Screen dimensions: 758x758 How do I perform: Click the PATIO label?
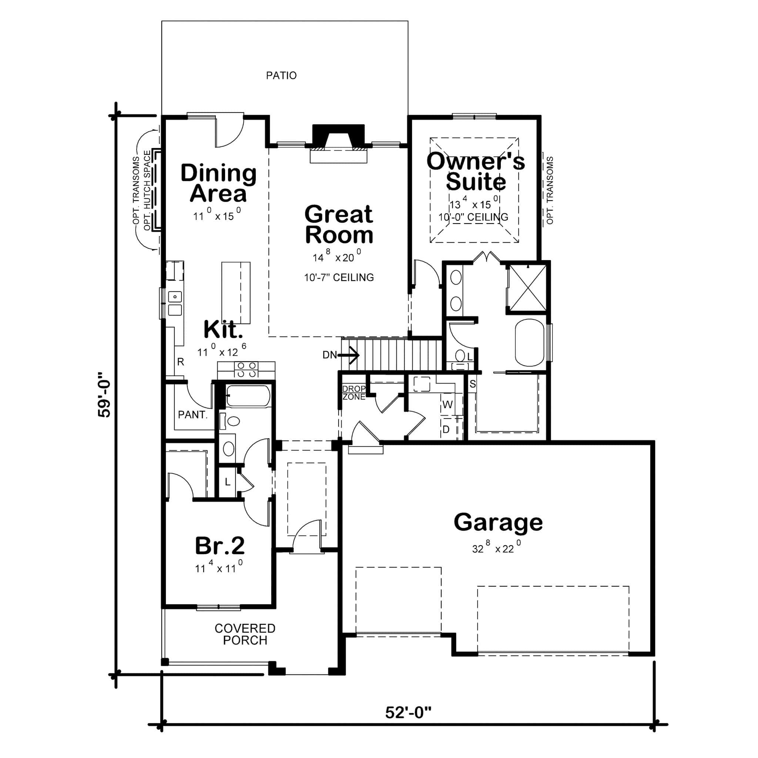coord(281,76)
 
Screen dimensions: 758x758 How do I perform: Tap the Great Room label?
coord(339,224)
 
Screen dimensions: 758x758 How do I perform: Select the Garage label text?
coord(498,523)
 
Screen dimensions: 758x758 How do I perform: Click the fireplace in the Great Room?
coord(338,143)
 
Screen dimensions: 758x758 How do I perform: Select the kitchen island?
coord(236,293)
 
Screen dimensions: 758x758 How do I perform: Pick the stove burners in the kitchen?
coord(246,370)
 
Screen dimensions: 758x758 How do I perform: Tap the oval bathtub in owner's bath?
coord(529,342)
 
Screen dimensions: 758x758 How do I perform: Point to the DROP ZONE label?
coord(354,393)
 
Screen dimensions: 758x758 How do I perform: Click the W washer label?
coord(447,405)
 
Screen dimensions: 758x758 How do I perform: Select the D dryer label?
coord(446,430)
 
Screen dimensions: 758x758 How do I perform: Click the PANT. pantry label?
coord(192,415)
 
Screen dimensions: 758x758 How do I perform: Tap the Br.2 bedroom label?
coord(220,546)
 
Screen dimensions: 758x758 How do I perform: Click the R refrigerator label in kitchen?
coord(181,362)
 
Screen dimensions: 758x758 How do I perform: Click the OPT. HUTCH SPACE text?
coord(148,190)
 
